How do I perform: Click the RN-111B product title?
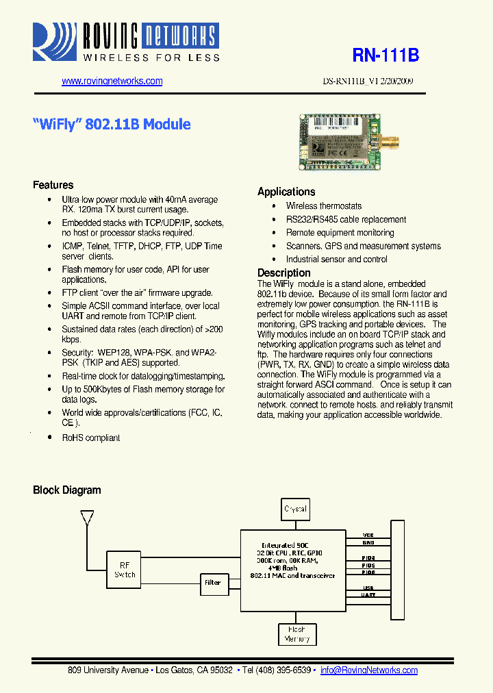click(x=385, y=55)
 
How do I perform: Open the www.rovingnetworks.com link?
click(x=112, y=81)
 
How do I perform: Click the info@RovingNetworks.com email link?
click(x=369, y=670)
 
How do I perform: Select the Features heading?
click(x=53, y=185)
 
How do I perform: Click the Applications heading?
click(x=286, y=192)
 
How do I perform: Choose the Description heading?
click(x=284, y=273)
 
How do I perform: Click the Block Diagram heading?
click(x=67, y=490)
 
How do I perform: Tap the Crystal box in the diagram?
click(x=296, y=509)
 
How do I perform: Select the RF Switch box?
click(x=125, y=570)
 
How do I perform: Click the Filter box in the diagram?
click(x=213, y=583)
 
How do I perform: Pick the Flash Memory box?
click(x=296, y=634)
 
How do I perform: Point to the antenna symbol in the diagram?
click(x=87, y=517)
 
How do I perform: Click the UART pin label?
click(x=368, y=595)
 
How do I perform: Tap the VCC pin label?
click(x=368, y=535)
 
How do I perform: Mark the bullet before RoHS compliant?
click(x=49, y=438)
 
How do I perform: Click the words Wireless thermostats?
click(x=324, y=206)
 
